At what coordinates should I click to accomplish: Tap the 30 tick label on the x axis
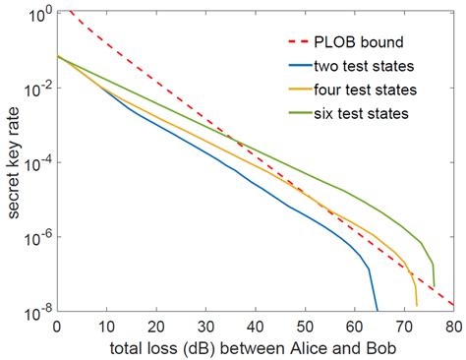(205, 325)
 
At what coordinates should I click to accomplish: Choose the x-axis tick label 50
(305, 325)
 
